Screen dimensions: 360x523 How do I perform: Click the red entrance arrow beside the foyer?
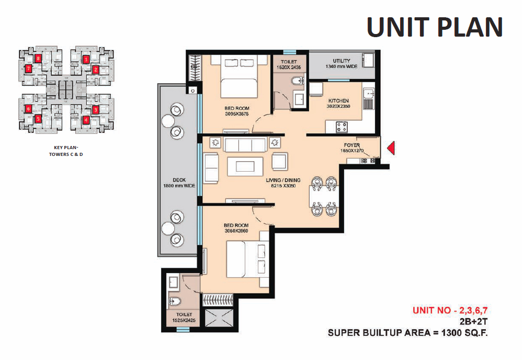pyautogui.click(x=391, y=149)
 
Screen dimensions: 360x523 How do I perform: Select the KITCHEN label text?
pyautogui.click(x=338, y=100)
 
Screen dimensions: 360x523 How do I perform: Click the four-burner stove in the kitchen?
pyautogui.click(x=343, y=126)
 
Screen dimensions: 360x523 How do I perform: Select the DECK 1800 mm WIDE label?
pyautogui.click(x=176, y=182)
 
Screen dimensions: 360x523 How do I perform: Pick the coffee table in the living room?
pyautogui.click(x=245, y=166)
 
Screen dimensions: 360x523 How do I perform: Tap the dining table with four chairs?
pyautogui.click(x=322, y=196)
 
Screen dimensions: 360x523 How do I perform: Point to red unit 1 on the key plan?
pyautogui.click(x=86, y=59)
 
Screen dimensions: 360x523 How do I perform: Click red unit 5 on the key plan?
pyautogui.click(x=38, y=119)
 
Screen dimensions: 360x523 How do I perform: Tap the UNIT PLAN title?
pyautogui.click(x=435, y=27)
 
